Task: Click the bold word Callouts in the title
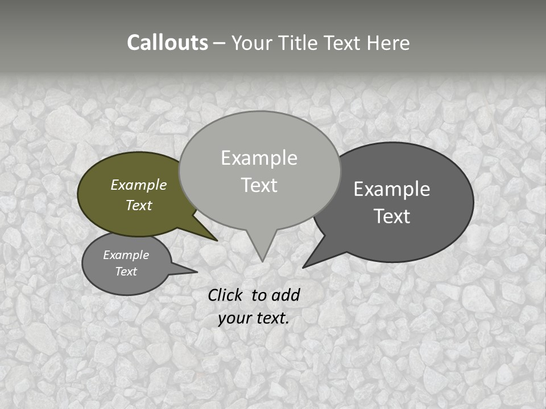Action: click(x=167, y=43)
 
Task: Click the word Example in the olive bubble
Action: click(x=139, y=185)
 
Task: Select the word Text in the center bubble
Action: click(x=259, y=185)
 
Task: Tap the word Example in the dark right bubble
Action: click(x=392, y=189)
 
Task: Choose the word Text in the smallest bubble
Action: click(x=126, y=272)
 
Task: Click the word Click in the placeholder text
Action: click(x=226, y=295)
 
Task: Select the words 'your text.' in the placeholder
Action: click(x=254, y=318)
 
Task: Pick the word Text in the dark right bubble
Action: click(x=392, y=216)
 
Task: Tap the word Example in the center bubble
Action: click(x=259, y=158)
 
